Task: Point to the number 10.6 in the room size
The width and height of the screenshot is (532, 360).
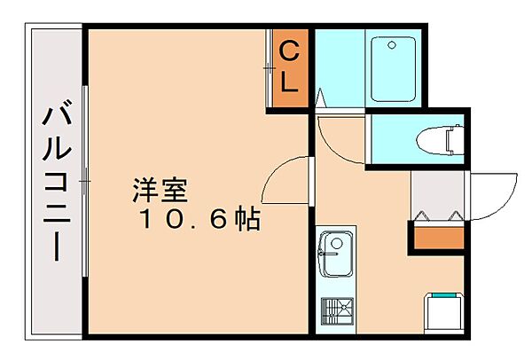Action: click(x=177, y=219)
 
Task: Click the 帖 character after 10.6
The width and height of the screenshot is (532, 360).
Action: click(x=246, y=219)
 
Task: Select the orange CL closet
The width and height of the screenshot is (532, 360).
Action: click(x=290, y=69)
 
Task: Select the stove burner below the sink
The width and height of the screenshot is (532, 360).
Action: click(x=336, y=311)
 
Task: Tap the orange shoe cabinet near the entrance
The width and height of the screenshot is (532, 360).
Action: click(x=437, y=236)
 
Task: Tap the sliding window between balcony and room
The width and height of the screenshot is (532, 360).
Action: click(x=85, y=182)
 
